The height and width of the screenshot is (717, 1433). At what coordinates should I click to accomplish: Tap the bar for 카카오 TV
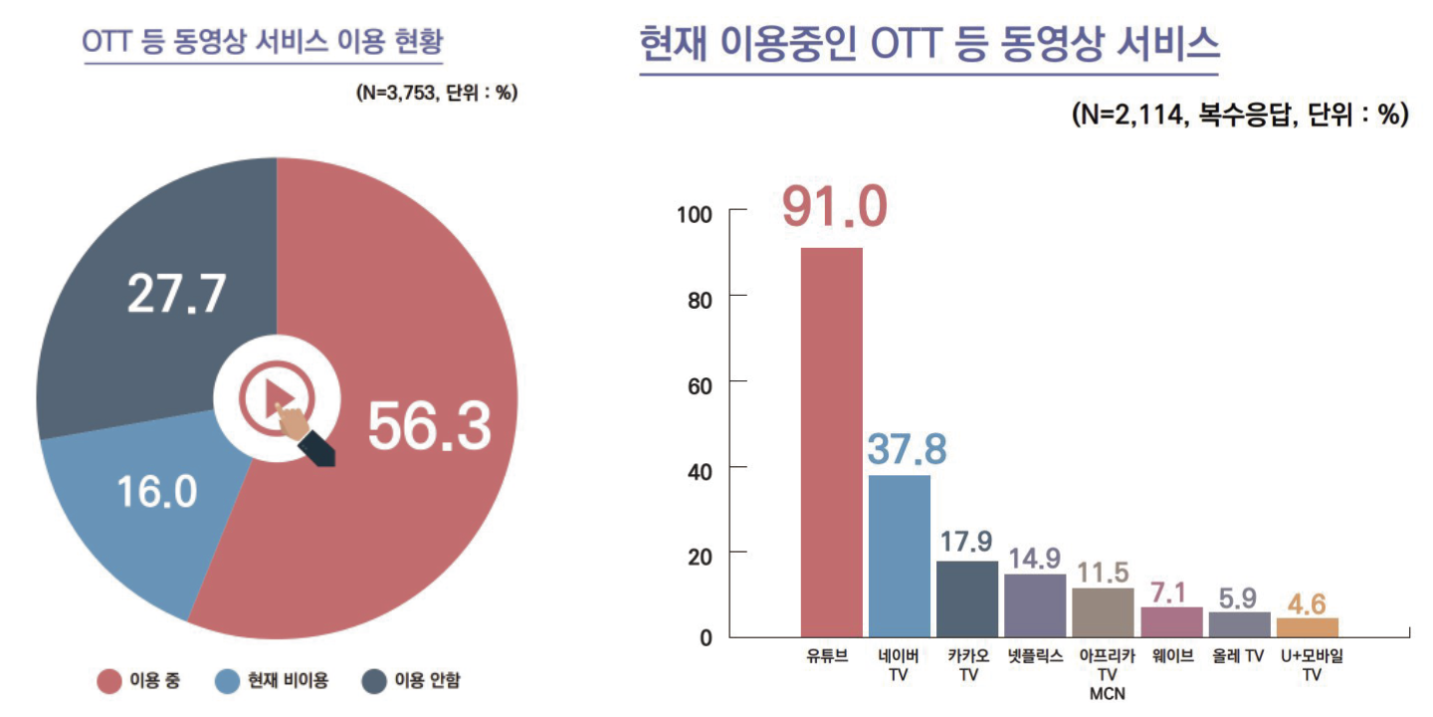967,598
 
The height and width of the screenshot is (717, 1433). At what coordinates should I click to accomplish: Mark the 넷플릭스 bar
1035,604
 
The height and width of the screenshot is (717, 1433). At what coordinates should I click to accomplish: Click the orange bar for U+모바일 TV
1307,627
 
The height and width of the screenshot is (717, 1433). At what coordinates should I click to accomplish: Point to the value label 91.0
833,206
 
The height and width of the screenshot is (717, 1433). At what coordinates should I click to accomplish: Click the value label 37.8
906,449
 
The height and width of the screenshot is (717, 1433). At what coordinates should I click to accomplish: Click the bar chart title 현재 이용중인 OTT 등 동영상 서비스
929,45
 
